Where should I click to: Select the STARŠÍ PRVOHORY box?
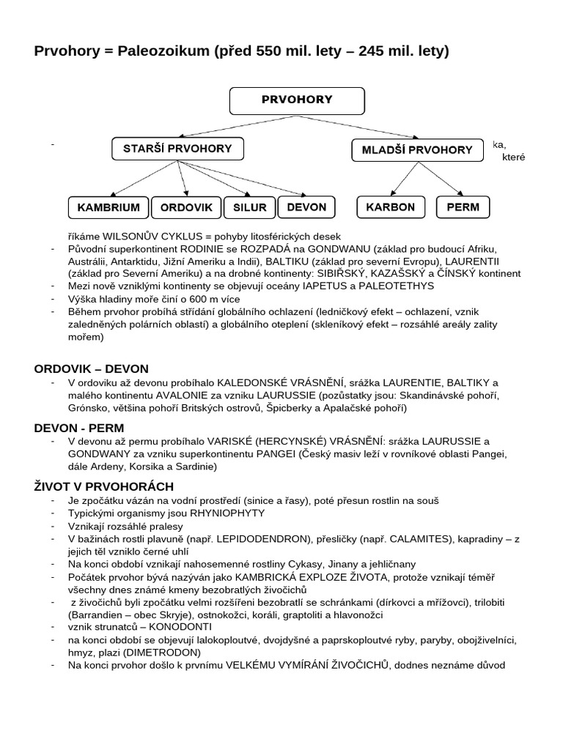178,149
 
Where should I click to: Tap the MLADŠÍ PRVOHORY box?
417,149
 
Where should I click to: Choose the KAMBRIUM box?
108,207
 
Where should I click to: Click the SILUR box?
249,207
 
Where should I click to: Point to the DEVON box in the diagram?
306,207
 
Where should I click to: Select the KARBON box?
391,207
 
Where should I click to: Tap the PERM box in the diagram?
463,207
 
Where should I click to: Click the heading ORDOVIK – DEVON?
91,368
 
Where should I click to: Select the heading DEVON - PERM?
79,427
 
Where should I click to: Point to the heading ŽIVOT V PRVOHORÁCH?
104,486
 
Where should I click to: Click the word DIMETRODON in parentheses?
161,652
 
